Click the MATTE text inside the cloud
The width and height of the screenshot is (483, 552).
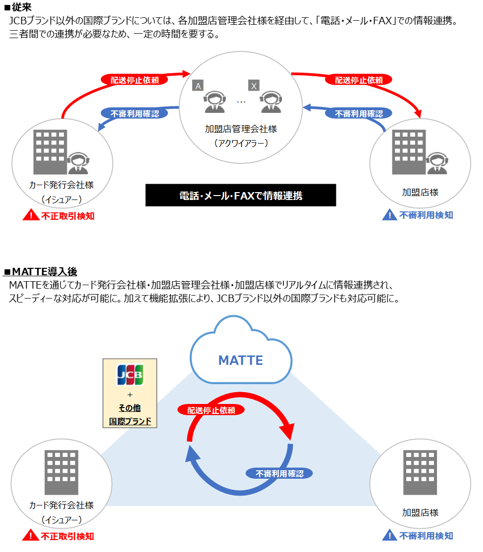(x=241, y=360)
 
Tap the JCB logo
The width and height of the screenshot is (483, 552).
(x=129, y=375)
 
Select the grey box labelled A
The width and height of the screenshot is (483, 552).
(x=198, y=86)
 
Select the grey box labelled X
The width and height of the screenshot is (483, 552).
(x=254, y=86)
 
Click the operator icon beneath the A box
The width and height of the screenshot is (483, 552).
(x=214, y=102)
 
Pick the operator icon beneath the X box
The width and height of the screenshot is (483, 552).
(x=270, y=102)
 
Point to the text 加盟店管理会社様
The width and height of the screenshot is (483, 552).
(x=241, y=129)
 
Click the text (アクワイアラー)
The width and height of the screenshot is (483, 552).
(x=241, y=143)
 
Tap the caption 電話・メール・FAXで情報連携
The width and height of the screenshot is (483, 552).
(x=241, y=196)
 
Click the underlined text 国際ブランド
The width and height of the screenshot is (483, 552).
(x=130, y=422)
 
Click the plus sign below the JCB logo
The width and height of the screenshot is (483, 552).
(x=130, y=395)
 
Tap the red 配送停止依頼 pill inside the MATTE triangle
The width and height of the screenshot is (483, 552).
(x=211, y=410)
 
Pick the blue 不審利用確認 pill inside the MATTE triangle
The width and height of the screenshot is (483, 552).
(x=279, y=473)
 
